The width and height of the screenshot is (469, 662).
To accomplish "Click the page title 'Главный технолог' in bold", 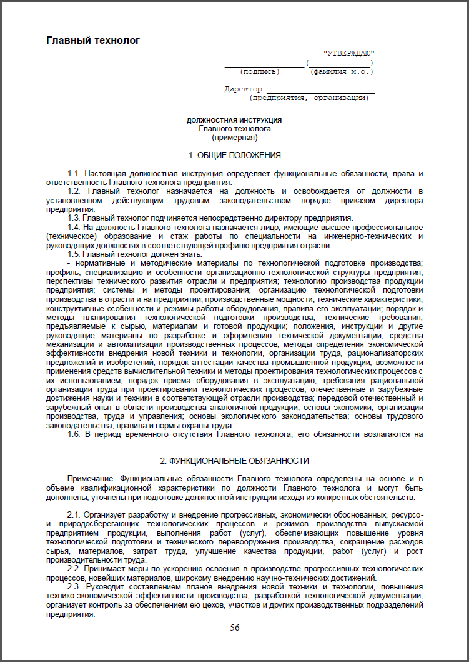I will point(93,41).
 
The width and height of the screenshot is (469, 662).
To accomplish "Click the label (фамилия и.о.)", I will point(342,71).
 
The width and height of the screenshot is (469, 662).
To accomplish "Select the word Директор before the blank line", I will point(243,89).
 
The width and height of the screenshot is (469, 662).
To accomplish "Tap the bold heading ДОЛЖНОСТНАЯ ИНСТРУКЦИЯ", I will point(234,119).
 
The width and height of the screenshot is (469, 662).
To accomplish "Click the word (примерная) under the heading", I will point(234,136).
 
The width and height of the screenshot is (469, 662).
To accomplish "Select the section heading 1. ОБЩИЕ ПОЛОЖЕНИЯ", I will point(234,155).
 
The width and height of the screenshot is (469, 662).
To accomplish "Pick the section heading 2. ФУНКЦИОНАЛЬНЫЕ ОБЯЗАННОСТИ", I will point(234,461).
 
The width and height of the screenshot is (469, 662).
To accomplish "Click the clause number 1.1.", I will point(74,173).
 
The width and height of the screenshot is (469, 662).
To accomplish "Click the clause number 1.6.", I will point(74,434).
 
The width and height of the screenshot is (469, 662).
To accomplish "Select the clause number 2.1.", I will point(74,514).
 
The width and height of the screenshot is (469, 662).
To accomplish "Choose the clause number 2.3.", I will point(74,589).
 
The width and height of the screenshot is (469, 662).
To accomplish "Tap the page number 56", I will point(235,628).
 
